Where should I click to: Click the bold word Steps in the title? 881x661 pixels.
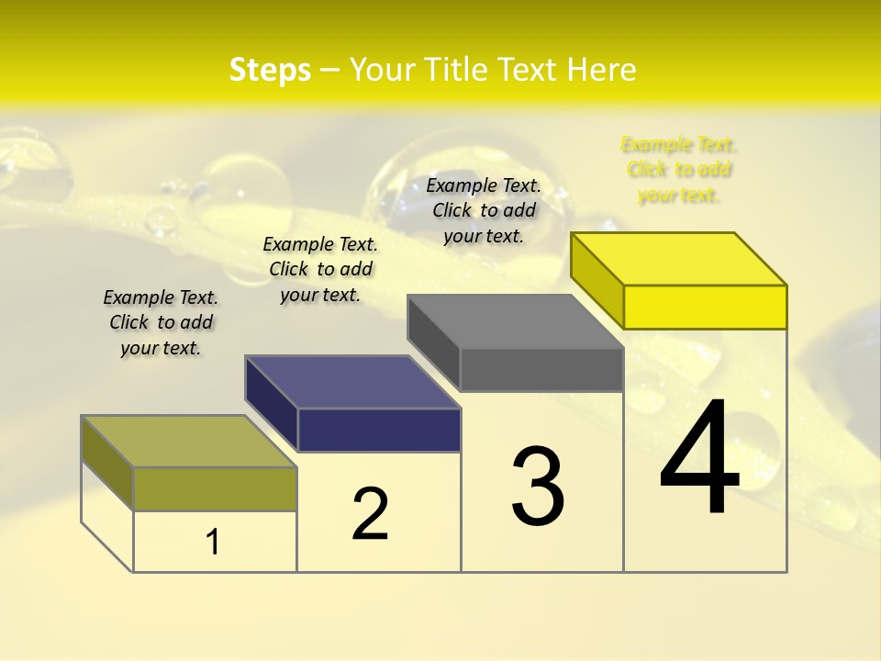point(270,70)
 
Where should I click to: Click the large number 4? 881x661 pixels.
point(699,459)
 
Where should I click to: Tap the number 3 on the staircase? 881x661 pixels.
point(537,487)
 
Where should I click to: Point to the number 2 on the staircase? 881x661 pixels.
point(370,514)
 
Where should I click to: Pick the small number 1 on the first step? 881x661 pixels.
point(212,543)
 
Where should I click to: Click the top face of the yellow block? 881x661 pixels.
point(679,259)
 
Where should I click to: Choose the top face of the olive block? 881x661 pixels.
point(189,442)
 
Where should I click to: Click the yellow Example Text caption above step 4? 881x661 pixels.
point(679,170)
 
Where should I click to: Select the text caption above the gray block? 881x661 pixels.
point(484,210)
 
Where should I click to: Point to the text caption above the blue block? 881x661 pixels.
point(320,269)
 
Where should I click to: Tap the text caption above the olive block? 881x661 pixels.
point(161,322)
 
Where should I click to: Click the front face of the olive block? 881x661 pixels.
point(215,488)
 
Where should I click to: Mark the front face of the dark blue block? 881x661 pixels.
point(379,430)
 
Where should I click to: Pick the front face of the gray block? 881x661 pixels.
point(541,369)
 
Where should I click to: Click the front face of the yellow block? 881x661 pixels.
point(705,307)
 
